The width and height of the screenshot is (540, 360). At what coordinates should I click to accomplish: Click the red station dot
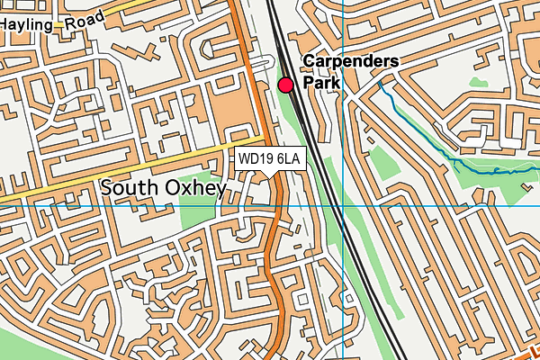286,85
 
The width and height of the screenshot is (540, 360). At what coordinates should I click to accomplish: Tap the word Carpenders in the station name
351,62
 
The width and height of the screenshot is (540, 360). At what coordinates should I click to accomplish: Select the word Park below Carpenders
321,82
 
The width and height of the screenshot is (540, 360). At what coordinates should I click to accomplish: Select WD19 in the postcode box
256,159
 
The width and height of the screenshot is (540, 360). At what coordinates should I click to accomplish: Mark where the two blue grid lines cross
343,205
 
